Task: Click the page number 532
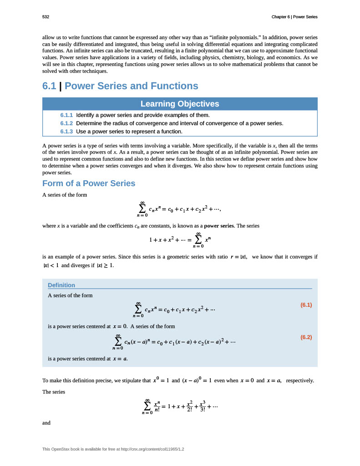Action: click(x=46, y=17)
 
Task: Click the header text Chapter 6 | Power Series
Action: click(x=294, y=17)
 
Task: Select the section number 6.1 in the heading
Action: click(x=50, y=86)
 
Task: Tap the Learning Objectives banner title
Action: click(x=180, y=104)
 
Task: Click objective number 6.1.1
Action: click(x=66, y=115)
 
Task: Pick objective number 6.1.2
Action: click(x=66, y=123)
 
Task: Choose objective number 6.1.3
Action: click(x=66, y=132)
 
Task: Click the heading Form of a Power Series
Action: click(x=89, y=183)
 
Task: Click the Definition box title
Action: click(x=61, y=285)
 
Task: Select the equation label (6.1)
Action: click(x=306, y=305)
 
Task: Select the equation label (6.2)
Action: click(x=306, y=337)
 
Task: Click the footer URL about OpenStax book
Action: click(x=113, y=450)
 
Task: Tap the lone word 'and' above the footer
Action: click(x=46, y=423)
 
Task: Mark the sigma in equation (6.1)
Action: click(x=138, y=309)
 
